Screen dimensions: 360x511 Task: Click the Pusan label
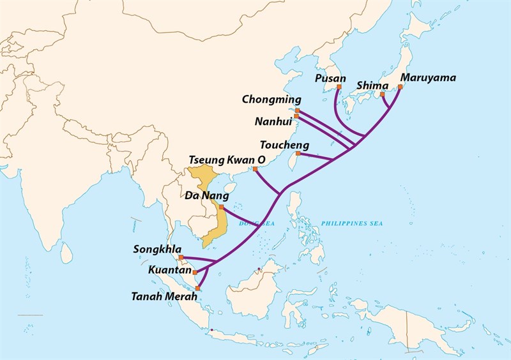pyautogui.click(x=331, y=78)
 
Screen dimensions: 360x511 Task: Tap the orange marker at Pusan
pyautogui.click(x=339, y=86)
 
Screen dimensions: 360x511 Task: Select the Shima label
pyautogui.click(x=370, y=85)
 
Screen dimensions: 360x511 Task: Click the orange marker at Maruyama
pyautogui.click(x=400, y=87)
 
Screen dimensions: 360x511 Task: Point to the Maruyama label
pyautogui.click(x=427, y=78)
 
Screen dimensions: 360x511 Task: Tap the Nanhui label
pyautogui.click(x=273, y=120)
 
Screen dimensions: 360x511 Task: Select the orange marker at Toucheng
pyautogui.click(x=298, y=153)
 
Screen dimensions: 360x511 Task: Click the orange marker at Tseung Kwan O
pyautogui.click(x=256, y=169)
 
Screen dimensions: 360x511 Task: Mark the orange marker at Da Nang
pyautogui.click(x=221, y=207)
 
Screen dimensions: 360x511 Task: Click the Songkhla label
pyautogui.click(x=156, y=249)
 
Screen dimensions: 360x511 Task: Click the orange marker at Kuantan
pyautogui.click(x=195, y=272)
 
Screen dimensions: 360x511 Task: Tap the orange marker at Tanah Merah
pyautogui.click(x=198, y=289)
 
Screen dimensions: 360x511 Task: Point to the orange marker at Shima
pyautogui.click(x=382, y=94)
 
